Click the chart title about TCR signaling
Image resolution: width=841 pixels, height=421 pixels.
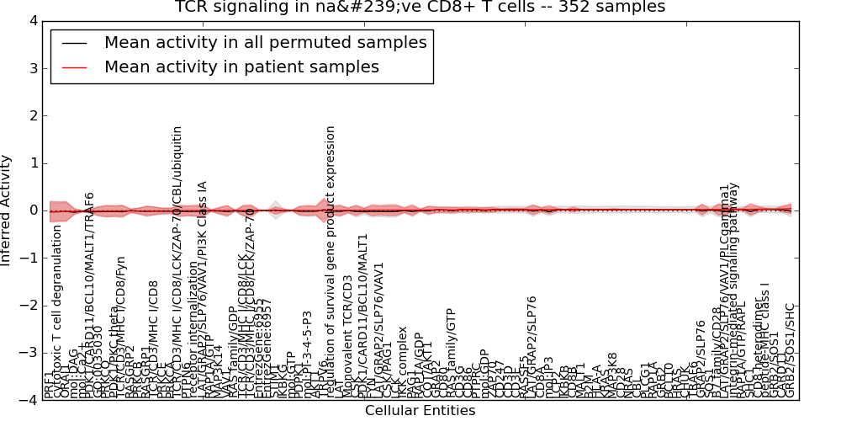420,8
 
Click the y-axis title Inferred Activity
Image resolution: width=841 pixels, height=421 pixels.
8,210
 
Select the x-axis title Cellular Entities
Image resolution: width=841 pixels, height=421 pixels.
420,411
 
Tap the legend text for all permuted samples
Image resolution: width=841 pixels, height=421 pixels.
265,42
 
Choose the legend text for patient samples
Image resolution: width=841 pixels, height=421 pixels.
241,67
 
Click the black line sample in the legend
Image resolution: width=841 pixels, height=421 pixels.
73,43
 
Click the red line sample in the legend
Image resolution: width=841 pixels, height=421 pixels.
73,67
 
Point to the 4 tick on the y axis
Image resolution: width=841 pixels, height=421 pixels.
32,21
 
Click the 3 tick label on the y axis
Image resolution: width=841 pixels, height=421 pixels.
32,68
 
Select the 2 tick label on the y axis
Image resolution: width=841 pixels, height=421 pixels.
32,115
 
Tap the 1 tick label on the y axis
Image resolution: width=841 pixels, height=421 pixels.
32,163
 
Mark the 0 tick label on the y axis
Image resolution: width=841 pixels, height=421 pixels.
32,210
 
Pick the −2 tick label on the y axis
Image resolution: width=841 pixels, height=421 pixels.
29,305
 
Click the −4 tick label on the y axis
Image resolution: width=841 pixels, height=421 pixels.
29,400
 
